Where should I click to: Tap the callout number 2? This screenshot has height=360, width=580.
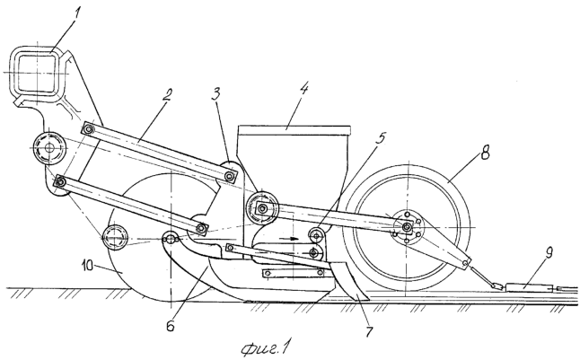(167, 97)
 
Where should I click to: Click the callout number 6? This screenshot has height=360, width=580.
(171, 325)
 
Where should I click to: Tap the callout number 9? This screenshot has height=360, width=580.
(549, 254)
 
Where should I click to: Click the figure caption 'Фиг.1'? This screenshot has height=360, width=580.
(265, 347)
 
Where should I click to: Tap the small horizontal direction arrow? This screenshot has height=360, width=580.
(289, 239)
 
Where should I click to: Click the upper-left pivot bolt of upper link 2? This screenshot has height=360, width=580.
(88, 128)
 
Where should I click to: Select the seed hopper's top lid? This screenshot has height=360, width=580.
(294, 129)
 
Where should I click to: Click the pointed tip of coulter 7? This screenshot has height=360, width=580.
(366, 301)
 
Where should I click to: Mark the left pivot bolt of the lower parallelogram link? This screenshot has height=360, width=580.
(59, 181)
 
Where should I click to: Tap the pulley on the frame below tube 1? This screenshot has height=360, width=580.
(48, 147)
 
